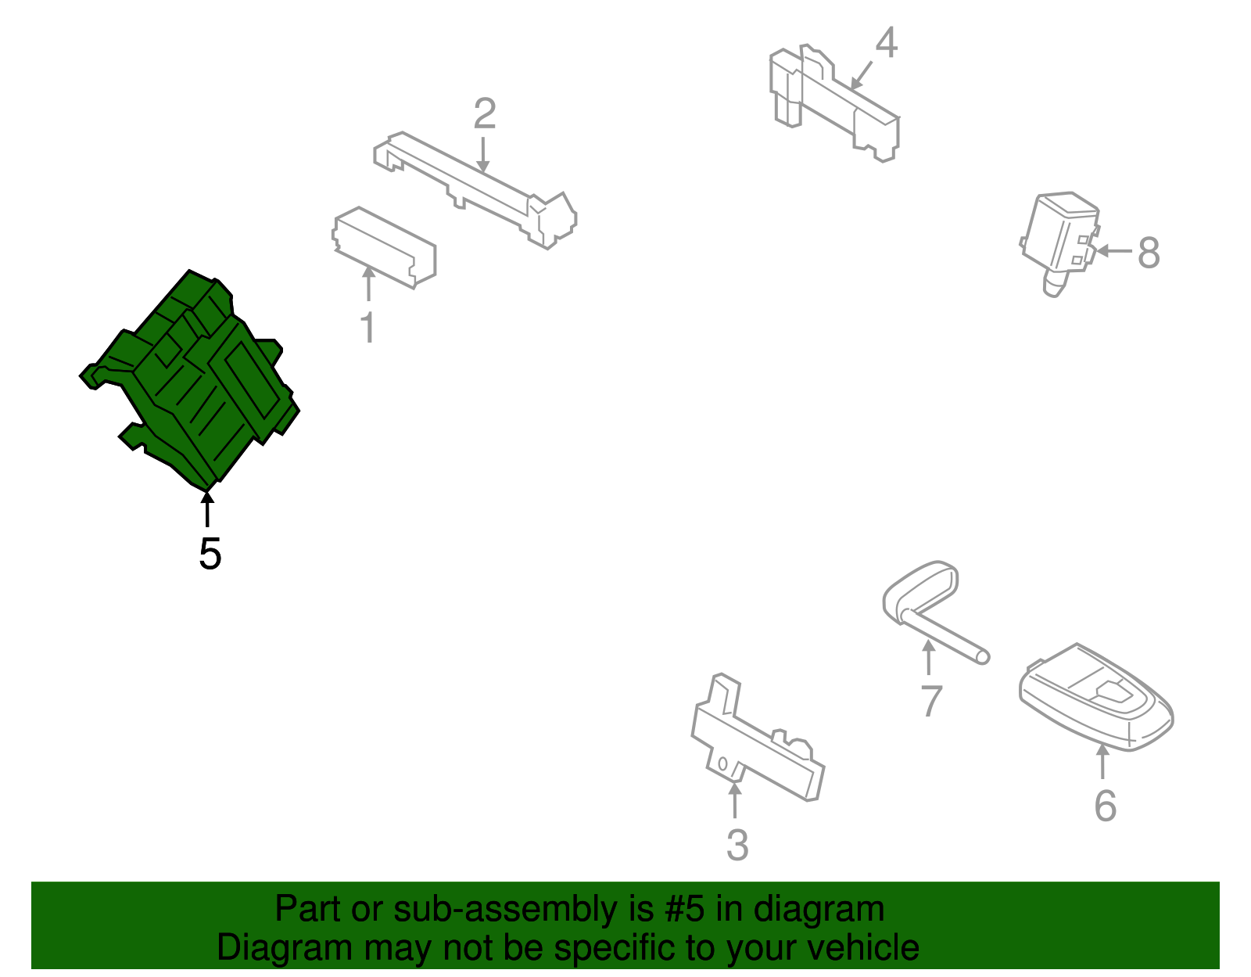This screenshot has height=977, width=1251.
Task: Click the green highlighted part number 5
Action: pyautogui.click(x=190, y=380)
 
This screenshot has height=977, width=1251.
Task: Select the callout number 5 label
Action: pyautogui.click(x=210, y=554)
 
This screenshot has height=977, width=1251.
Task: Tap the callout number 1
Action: pyautogui.click(x=368, y=328)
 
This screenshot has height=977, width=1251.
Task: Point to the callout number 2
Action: pyautogui.click(x=485, y=113)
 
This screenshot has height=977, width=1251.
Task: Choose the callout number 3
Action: pyautogui.click(x=737, y=845)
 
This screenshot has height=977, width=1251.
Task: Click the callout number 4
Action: pyautogui.click(x=887, y=42)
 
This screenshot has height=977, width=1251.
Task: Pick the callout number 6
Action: pyautogui.click(x=1106, y=806)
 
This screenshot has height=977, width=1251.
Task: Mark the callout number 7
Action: pyautogui.click(x=931, y=701)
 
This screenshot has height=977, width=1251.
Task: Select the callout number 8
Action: pyautogui.click(x=1149, y=252)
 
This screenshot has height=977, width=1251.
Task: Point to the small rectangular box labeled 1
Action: pyautogui.click(x=384, y=247)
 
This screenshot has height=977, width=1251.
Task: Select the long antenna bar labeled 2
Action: pyautogui.click(x=475, y=189)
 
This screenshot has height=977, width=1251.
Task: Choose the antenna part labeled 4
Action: pyautogui.click(x=835, y=102)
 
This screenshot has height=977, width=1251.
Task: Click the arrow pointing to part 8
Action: pyautogui.click(x=1114, y=251)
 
